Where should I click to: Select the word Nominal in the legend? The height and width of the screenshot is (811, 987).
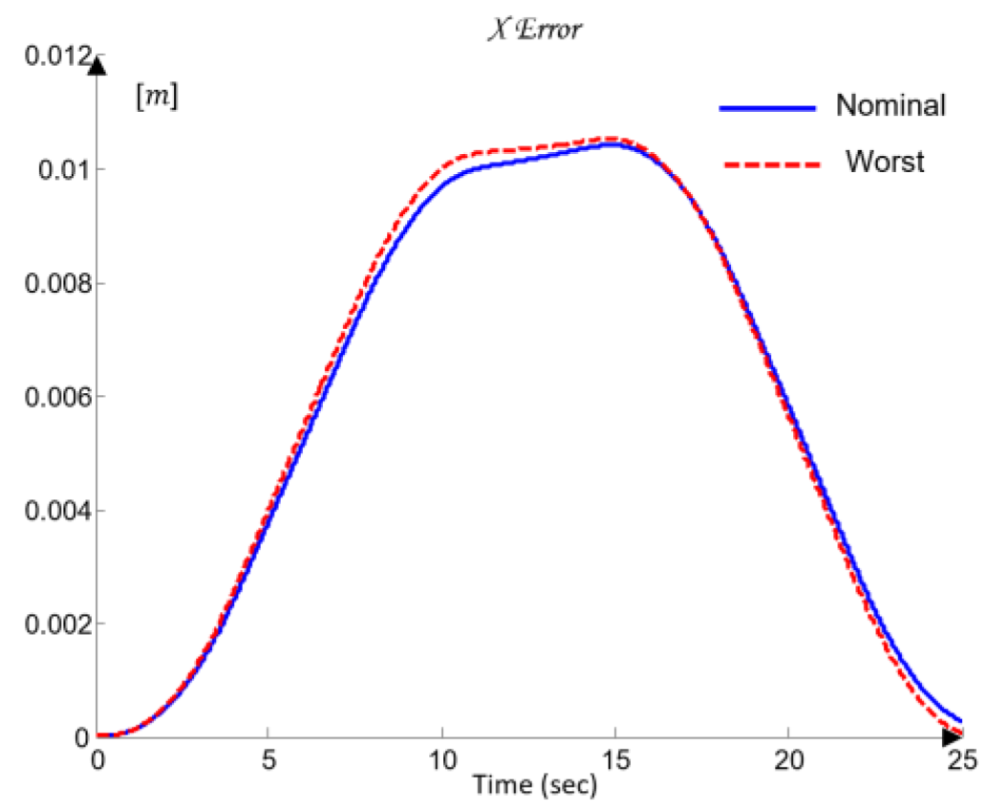890,105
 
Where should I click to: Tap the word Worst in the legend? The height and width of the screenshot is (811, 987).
885,162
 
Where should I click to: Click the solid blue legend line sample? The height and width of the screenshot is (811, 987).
767,108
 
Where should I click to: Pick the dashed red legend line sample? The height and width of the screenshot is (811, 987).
767,164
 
